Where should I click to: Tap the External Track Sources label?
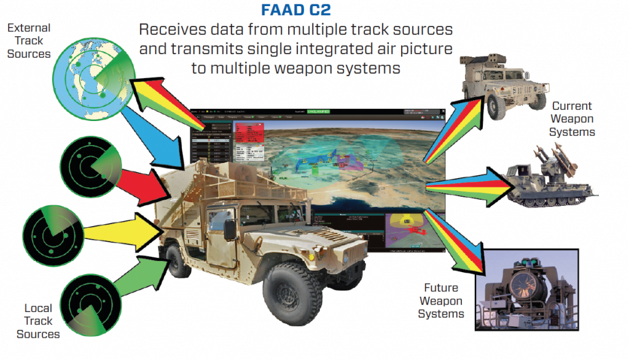[x=29, y=41]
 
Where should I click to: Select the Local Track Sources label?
[x=38, y=321]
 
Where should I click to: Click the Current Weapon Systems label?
[x=572, y=119]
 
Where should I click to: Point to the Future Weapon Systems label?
[x=441, y=300]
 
